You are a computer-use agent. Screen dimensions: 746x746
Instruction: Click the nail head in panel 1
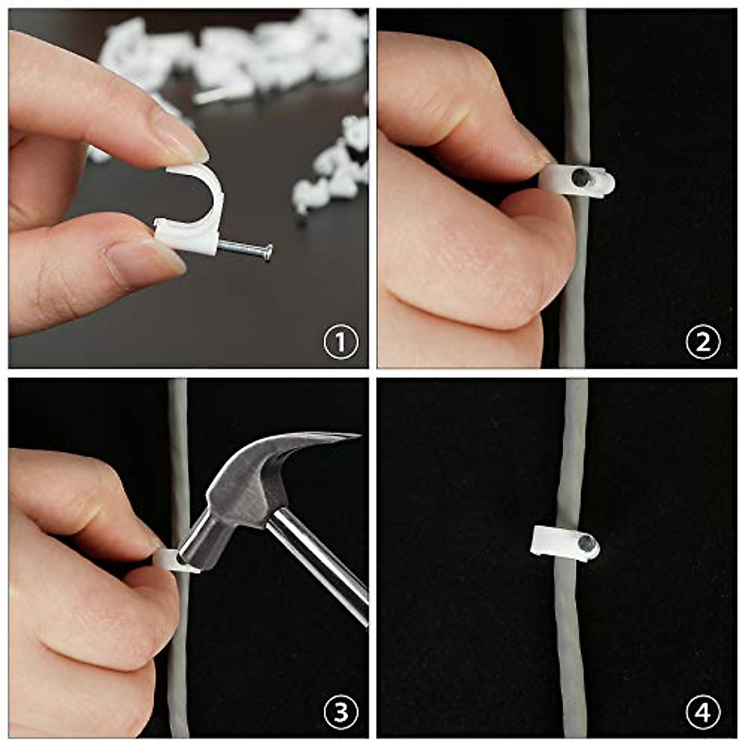click(268, 252)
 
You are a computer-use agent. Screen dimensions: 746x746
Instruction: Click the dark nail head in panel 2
click(581, 177)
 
